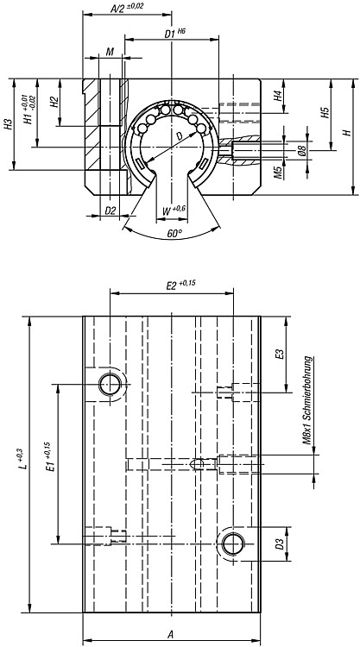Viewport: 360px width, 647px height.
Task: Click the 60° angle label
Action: [174, 234]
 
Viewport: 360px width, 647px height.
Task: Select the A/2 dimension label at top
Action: [127, 9]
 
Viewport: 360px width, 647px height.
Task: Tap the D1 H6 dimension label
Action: [175, 34]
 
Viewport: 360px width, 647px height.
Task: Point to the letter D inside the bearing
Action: [180, 135]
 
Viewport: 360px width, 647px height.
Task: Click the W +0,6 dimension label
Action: [174, 210]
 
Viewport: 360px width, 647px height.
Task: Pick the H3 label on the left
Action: [8, 124]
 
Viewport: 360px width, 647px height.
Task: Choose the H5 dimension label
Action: [325, 113]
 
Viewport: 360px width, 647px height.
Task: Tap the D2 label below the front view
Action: [111, 210]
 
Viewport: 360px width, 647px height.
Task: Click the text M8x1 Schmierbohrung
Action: [307, 399]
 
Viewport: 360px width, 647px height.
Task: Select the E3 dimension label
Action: [280, 355]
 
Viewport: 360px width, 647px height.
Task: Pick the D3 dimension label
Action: [280, 544]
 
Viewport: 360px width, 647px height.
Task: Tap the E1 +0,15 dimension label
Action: [48, 457]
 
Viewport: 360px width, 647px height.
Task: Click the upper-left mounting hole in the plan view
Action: [111, 384]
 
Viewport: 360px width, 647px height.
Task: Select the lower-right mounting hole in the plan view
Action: [233, 543]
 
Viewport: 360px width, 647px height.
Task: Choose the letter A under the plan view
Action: [171, 634]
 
